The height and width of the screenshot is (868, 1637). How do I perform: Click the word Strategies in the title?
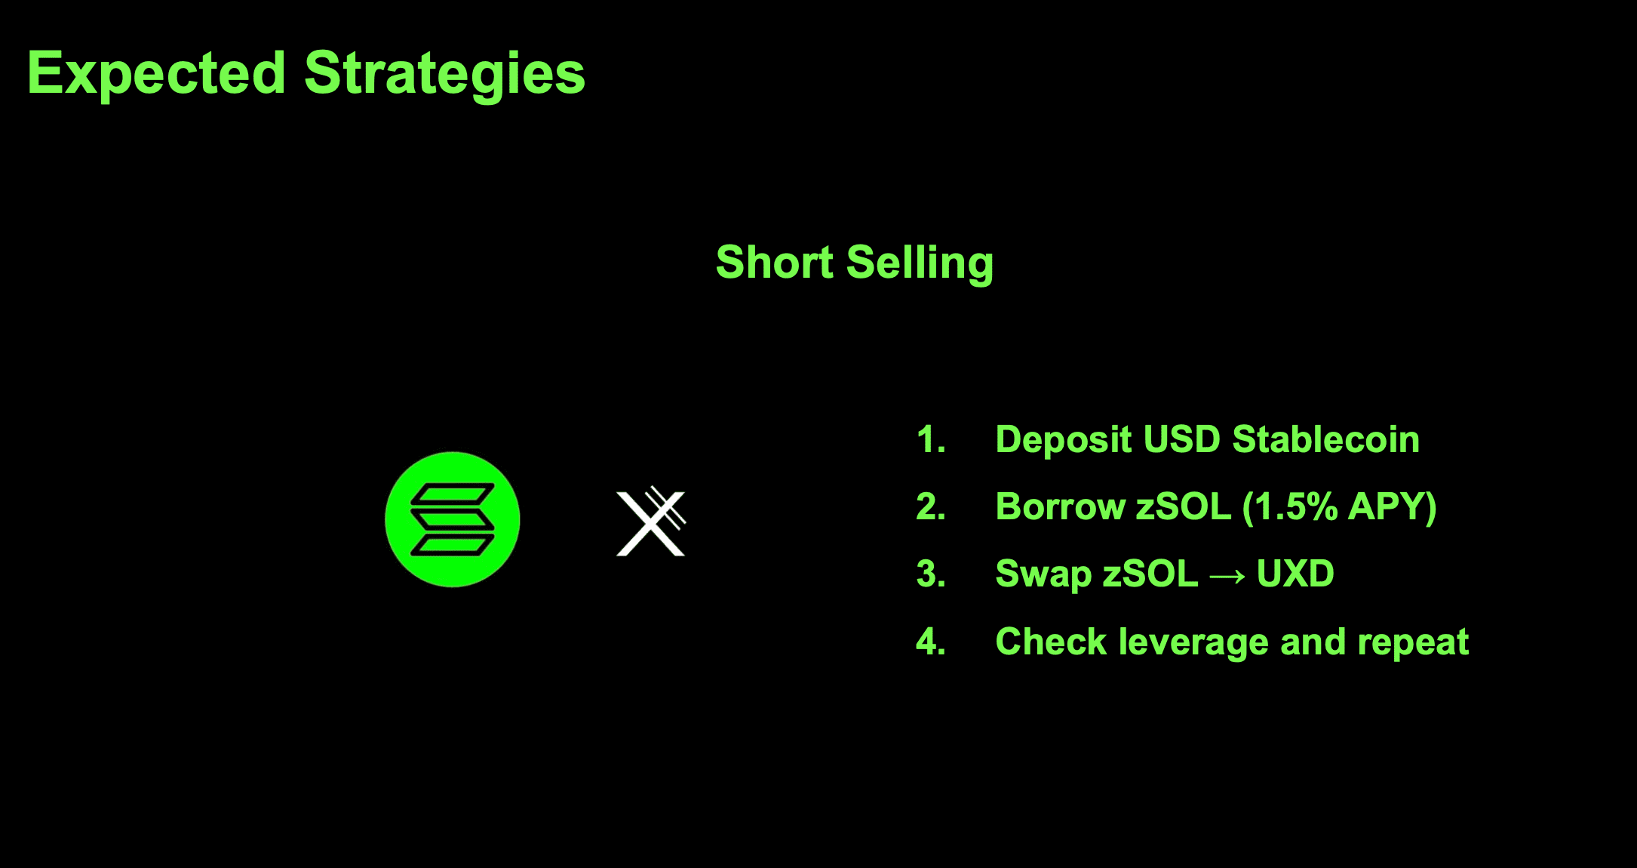coord(445,74)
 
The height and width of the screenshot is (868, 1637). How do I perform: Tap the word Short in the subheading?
coord(775,262)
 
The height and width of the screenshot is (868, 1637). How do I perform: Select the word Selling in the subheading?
coord(920,263)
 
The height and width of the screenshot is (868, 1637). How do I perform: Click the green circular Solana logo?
coord(453,519)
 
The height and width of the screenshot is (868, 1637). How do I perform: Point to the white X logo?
coord(651,521)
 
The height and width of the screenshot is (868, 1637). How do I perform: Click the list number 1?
coord(931,439)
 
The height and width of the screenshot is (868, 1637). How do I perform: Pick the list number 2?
coord(931,506)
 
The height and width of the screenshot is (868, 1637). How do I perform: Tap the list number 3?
coord(931,574)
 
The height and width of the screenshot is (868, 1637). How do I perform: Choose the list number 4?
coord(931,642)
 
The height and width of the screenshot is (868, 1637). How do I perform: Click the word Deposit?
coord(1064,440)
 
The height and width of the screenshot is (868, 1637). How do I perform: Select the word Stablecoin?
coord(1325,439)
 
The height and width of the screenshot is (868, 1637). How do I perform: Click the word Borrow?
coord(1061,506)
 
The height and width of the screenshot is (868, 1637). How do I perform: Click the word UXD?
coord(1295,574)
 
